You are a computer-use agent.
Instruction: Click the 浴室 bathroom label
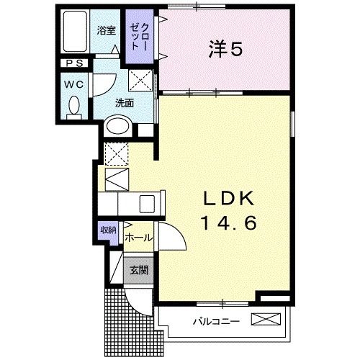pyautogui.click(x=107, y=31)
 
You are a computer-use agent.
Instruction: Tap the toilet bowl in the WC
pyautogui.click(x=73, y=107)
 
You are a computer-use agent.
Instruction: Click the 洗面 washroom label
pyautogui.click(x=124, y=103)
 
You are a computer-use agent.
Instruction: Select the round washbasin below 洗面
pyautogui.click(x=118, y=128)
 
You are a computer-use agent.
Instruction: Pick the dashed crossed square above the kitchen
pyautogui.click(x=115, y=153)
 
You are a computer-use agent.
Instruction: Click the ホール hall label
pyautogui.click(x=138, y=238)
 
